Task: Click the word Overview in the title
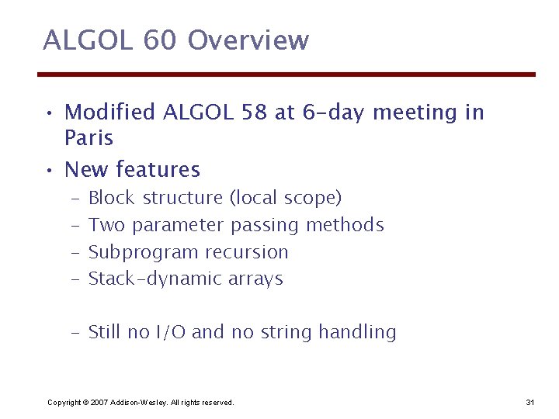pyautogui.click(x=248, y=40)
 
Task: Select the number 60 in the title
pyautogui.click(x=159, y=40)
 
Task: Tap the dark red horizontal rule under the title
pyautogui.click(x=286, y=74)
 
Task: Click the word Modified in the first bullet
pyautogui.click(x=110, y=113)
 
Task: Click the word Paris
pyautogui.click(x=89, y=139)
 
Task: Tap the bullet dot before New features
pyautogui.click(x=48, y=170)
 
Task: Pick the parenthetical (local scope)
pyautogui.click(x=285, y=198)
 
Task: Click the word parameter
pyautogui.click(x=179, y=225)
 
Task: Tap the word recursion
pyautogui.click(x=247, y=252)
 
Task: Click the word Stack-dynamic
pyautogui.click(x=155, y=279)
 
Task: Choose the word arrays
pyautogui.click(x=255, y=279)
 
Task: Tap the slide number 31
pyautogui.click(x=530, y=402)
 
